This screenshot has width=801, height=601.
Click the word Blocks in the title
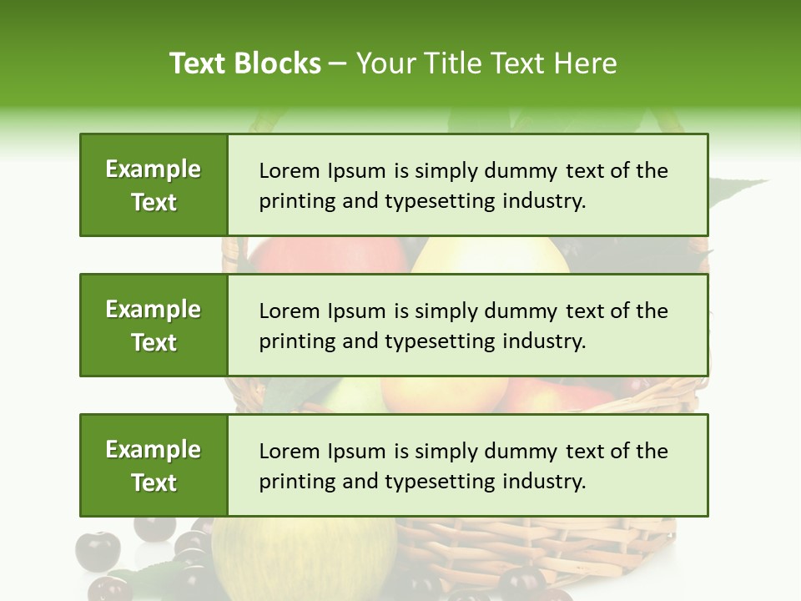[x=278, y=63]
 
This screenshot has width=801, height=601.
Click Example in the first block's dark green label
[x=154, y=169]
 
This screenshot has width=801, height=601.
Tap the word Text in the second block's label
[x=154, y=342]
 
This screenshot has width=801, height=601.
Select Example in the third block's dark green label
[x=154, y=450]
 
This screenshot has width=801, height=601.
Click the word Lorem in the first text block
[x=285, y=171]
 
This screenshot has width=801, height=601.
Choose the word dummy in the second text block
[x=525, y=311]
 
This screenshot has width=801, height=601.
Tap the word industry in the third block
[x=543, y=482]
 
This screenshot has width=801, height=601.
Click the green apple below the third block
[x=305, y=555]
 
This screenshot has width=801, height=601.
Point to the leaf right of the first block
[x=738, y=192]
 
